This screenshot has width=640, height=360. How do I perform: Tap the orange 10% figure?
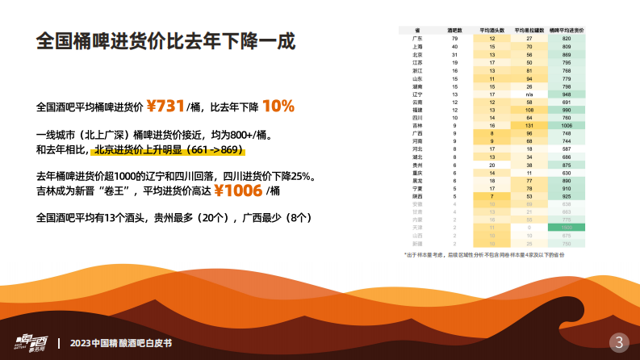(x=278, y=106)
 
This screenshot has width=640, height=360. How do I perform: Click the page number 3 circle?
(x=619, y=341)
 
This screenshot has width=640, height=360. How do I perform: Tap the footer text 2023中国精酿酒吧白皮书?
(x=121, y=342)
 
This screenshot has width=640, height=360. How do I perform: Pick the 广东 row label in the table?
(x=417, y=39)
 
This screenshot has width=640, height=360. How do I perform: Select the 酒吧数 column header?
(x=454, y=29)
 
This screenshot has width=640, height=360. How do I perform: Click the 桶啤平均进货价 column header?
(x=567, y=29)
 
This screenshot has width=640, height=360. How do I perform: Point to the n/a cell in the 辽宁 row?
(x=529, y=94)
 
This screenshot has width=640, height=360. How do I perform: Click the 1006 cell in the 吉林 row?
(x=567, y=125)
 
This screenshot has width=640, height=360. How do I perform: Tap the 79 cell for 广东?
(x=454, y=39)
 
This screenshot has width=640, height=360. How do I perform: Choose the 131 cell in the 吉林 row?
(x=529, y=125)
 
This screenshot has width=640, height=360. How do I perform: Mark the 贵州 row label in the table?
(x=417, y=164)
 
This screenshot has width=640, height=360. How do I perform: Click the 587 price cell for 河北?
(x=567, y=149)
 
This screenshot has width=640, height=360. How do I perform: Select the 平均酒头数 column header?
(x=492, y=29)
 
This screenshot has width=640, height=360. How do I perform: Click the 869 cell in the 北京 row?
(x=567, y=54)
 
